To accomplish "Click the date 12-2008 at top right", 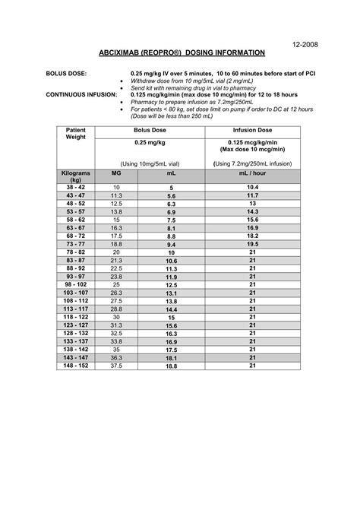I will tap(305, 44).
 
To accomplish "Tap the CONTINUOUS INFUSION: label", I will tap(60, 94).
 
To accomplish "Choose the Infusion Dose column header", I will tap(252, 131).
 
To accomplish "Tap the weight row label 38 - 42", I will tap(75, 187).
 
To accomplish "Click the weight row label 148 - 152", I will tap(75, 366).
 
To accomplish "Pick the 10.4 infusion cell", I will tap(252, 187).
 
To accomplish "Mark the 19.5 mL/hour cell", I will tap(252, 244).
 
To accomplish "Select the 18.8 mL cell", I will tap(171, 366).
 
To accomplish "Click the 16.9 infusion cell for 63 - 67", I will tap(252, 227).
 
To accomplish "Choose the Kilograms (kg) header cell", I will tap(75, 177).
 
